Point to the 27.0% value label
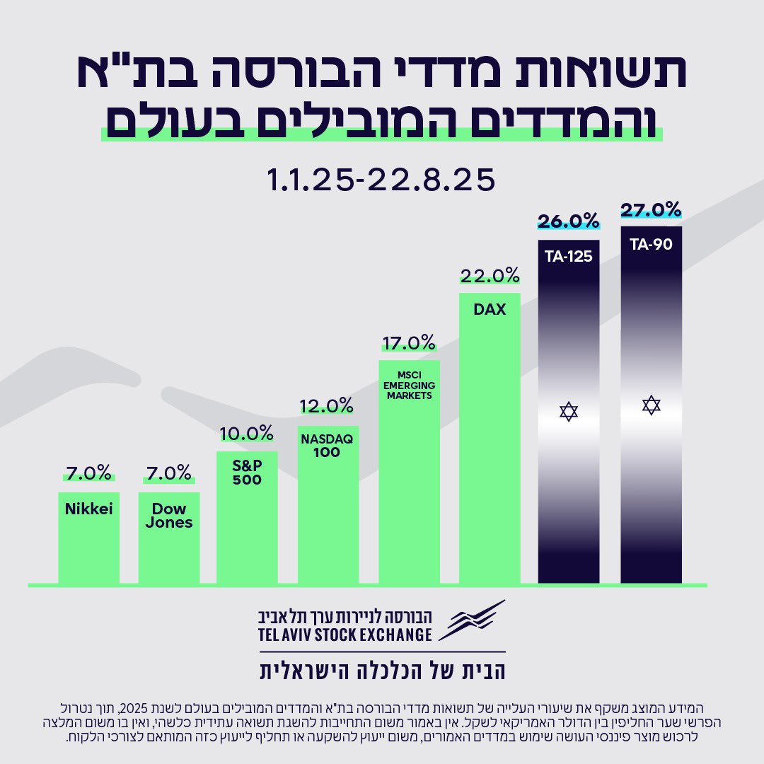[651, 210]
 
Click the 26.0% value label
[568, 221]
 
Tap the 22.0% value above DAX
[489, 275]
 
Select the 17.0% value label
[408, 343]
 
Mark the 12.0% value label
[326, 405]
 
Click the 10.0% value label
[247, 432]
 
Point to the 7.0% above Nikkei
[88, 472]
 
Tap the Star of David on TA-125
[569, 411]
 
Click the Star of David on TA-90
[651, 405]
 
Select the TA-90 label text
[651, 245]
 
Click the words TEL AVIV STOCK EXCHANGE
[345, 634]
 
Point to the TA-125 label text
[568, 256]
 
